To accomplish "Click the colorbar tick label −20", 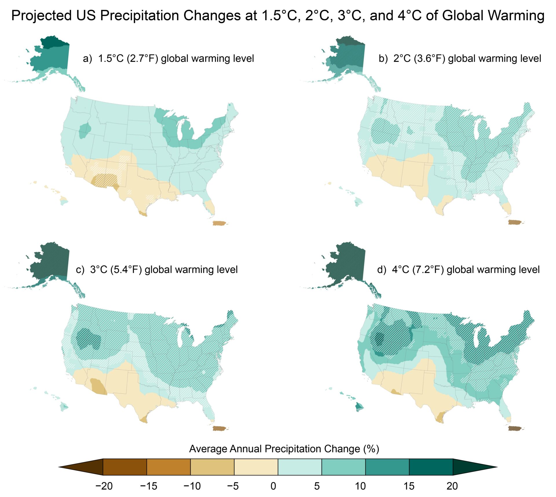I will point(104,486).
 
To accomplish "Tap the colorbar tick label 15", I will point(409,486).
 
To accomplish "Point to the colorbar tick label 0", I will point(273,486).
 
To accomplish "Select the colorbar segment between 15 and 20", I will point(431,467).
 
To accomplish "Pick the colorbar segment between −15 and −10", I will point(169,467).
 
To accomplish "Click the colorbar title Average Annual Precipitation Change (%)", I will point(284,449).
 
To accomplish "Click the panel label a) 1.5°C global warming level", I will point(168,58).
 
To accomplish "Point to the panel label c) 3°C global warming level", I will point(157,270).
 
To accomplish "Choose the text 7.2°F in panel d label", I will point(428,270).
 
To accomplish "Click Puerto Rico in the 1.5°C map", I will point(220,223).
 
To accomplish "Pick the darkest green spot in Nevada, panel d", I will point(378,338).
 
